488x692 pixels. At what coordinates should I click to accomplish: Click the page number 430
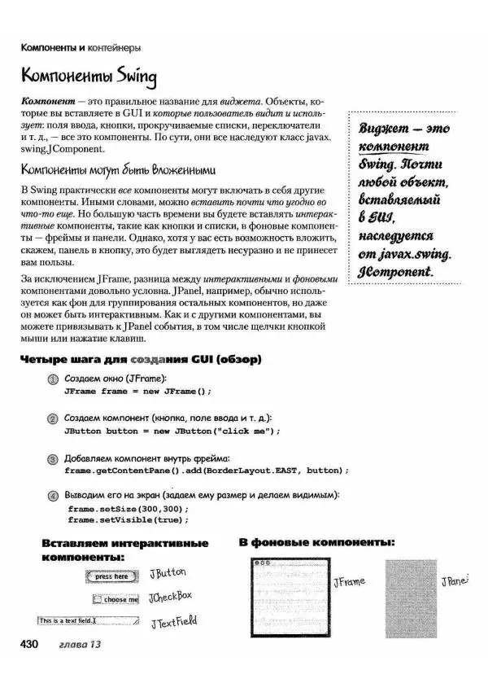[x=29, y=645]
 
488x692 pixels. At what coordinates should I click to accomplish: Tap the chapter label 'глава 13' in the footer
[x=75, y=646]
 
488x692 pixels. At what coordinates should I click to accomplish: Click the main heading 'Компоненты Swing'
[x=89, y=77]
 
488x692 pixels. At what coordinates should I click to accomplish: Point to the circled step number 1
[x=53, y=379]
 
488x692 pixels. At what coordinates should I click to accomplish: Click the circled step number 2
[x=53, y=418]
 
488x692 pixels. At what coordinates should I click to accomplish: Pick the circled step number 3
[x=53, y=458]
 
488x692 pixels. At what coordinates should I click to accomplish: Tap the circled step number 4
[x=53, y=496]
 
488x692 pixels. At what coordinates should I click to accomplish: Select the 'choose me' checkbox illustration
[x=115, y=599]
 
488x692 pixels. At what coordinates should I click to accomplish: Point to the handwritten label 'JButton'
[x=168, y=573]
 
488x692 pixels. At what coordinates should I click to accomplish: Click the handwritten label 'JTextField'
[x=173, y=622]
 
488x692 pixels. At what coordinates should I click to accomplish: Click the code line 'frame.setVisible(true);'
[x=129, y=519]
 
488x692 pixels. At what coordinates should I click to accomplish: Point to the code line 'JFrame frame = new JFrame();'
[x=137, y=391]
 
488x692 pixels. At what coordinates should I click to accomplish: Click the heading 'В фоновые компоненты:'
[x=316, y=541]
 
